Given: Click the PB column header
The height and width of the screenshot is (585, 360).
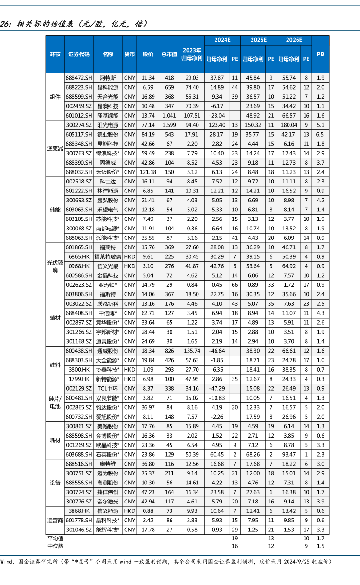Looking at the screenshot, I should (x=320, y=54).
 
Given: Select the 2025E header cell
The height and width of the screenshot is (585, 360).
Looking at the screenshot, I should (x=258, y=40).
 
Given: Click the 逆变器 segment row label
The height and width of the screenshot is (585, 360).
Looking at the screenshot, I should (x=55, y=148).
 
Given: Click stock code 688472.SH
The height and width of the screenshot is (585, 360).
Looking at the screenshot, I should (x=79, y=77).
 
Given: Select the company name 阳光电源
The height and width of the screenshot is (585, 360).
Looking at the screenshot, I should (x=108, y=125).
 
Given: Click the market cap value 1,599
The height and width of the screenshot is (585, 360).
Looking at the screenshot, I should (x=169, y=125).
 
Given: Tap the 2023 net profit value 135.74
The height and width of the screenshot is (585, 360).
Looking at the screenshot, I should (x=192, y=350).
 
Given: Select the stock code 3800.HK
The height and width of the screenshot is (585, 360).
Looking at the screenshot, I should (x=79, y=369).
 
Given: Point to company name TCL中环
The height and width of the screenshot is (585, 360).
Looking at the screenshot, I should (x=108, y=388).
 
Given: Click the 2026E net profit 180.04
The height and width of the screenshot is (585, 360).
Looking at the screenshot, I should (x=288, y=125).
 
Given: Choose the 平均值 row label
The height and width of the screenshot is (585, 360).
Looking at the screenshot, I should (x=55, y=538).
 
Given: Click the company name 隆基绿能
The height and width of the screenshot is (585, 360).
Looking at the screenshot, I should (x=108, y=115).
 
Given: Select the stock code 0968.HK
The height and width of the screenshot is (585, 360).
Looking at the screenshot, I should (x=79, y=266).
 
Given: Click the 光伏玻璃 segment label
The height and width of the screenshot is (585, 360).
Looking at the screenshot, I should (x=55, y=266).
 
